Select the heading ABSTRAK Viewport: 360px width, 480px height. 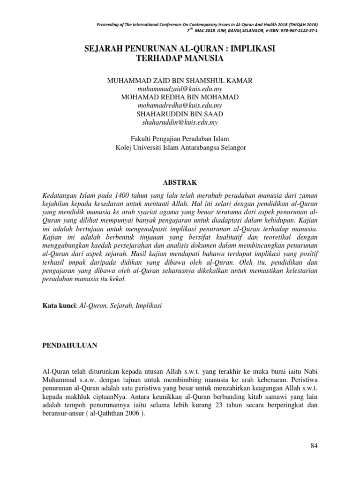click(180, 182)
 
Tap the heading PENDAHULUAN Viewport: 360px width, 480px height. click(69, 345)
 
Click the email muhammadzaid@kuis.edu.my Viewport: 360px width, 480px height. click(180, 89)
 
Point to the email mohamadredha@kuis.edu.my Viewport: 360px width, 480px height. click(180, 105)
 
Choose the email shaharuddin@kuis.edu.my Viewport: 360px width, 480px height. click(180, 122)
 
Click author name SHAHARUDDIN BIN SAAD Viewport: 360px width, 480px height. click(180, 114)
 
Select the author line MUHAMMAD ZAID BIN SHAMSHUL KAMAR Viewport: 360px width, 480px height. click(180, 81)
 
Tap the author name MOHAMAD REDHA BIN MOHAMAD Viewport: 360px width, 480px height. click(180, 97)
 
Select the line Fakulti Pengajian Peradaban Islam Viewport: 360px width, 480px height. click(180, 139)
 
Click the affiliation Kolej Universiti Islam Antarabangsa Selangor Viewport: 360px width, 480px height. click(180, 147)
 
